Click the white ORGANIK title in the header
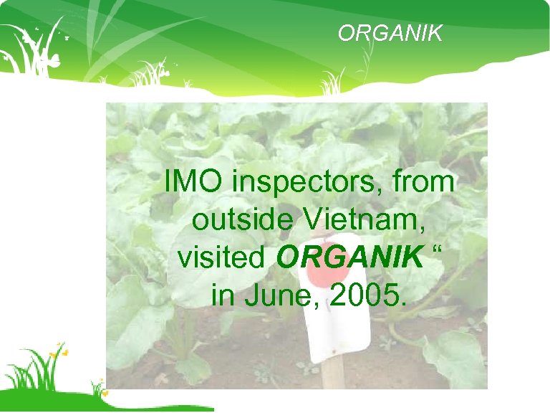coord(390,33)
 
